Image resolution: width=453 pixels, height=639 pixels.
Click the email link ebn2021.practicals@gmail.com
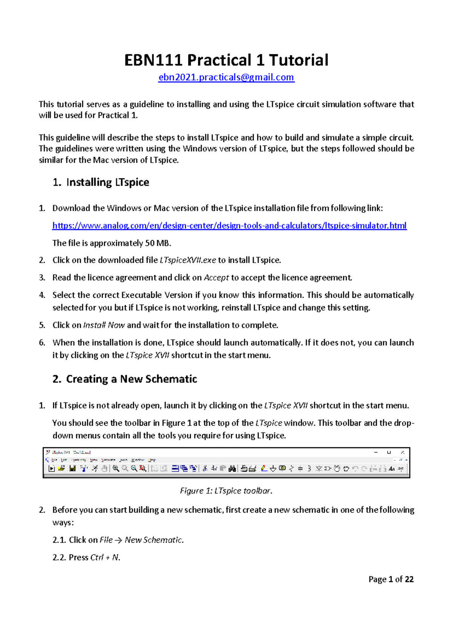pos(226,77)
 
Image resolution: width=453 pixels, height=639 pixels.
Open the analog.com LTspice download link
pos(229,226)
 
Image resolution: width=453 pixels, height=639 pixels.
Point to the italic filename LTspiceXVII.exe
pos(188,260)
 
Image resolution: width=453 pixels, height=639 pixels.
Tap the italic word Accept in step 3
pos(216,278)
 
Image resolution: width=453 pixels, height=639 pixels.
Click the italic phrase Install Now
pos(104,325)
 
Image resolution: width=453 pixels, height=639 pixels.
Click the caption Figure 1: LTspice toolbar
pos(226,491)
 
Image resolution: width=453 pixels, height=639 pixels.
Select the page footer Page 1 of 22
pos(391,579)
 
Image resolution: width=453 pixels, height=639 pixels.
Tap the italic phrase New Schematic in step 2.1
pos(153,540)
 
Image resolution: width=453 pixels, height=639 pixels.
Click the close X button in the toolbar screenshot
pos(402,452)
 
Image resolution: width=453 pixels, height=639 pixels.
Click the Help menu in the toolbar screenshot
pos(152,460)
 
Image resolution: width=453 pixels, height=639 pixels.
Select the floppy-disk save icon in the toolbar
pos(72,468)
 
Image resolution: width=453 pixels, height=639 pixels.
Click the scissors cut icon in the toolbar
pos(205,468)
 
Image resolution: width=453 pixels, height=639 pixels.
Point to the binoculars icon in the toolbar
pos(232,468)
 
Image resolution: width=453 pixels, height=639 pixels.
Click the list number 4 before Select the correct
pos(42,295)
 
